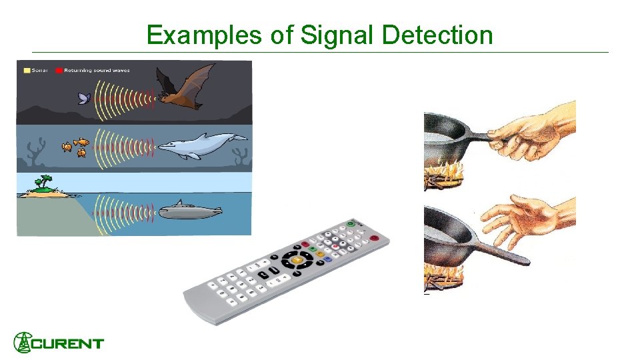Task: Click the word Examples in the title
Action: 205,35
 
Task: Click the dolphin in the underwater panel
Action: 201,146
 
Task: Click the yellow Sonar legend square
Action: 27,69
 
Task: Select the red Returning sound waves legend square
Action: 59,69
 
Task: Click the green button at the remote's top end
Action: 350,225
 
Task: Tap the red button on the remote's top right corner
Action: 375,238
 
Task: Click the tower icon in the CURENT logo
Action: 23,342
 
